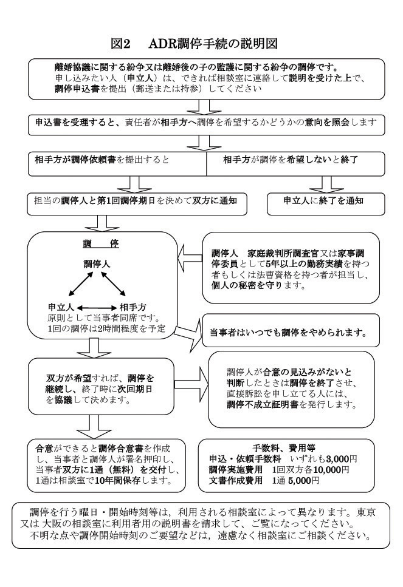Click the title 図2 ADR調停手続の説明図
195,44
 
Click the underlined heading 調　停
102,243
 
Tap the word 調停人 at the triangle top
97,265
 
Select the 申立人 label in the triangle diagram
61,307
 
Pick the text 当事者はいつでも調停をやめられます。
288,333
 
